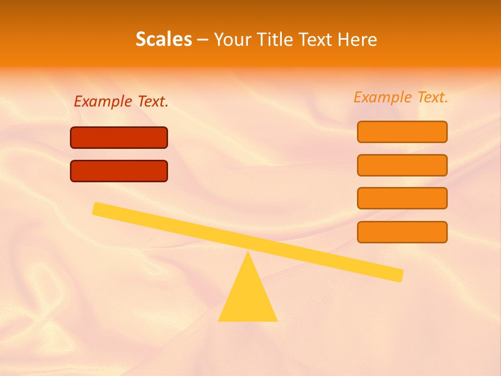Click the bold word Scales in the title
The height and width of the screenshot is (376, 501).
click(164, 39)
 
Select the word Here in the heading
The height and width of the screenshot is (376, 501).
click(357, 39)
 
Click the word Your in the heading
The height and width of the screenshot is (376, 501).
click(232, 39)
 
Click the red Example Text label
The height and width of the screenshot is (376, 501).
click(121, 101)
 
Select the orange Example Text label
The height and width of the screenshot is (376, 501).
click(401, 97)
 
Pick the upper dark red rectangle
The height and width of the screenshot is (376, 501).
click(119, 138)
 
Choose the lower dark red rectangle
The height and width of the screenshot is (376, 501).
click(119, 171)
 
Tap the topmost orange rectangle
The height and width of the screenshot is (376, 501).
click(402, 132)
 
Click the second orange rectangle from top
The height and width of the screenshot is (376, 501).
click(402, 165)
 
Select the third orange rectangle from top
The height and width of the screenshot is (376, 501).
click(402, 198)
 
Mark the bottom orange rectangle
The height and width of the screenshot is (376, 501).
click(402, 232)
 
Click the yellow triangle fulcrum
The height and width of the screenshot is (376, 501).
click(248, 298)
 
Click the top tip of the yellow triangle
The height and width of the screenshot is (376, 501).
click(248, 253)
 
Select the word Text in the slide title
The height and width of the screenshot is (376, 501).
click(314, 39)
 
